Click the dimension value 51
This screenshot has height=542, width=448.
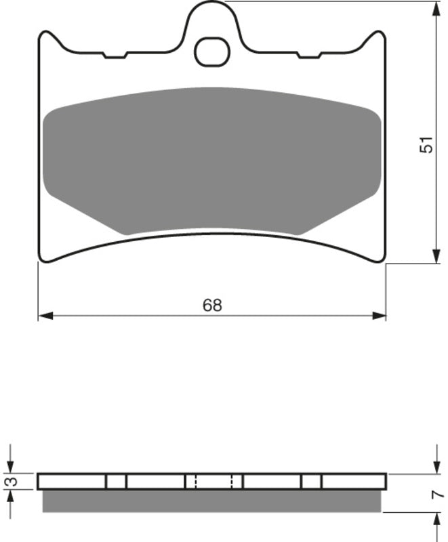point(425,145)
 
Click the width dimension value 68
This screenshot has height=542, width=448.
point(212,306)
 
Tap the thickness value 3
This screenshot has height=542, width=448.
point(9,482)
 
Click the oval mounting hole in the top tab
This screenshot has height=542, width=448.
point(212,52)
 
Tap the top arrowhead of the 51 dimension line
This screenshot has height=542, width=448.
point(434,8)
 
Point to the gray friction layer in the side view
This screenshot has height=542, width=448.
point(212,501)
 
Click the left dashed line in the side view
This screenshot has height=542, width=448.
point(195,482)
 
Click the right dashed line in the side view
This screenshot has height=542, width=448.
point(232,482)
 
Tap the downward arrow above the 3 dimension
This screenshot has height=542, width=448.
point(10,461)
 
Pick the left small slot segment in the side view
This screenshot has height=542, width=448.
point(116,482)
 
